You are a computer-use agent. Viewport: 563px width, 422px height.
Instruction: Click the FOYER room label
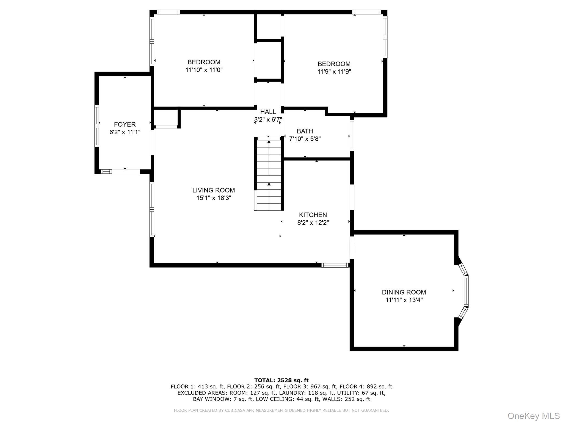click(125, 124)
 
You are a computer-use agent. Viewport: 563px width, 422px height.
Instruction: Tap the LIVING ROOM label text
click(213, 190)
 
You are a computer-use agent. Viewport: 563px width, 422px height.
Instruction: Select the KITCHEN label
click(313, 215)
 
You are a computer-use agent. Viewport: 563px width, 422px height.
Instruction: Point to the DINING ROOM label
click(404, 292)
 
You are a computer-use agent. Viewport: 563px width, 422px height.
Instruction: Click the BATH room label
click(305, 131)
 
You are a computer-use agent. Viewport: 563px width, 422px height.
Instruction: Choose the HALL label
click(268, 112)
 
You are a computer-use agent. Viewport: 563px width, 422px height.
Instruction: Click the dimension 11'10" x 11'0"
click(204, 70)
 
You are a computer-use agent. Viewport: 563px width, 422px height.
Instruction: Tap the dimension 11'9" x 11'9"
click(334, 72)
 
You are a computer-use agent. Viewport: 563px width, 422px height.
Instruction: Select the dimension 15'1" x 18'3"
click(214, 198)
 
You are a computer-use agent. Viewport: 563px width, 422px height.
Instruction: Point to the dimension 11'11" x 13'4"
click(404, 300)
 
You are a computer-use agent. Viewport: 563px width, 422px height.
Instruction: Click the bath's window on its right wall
click(352, 136)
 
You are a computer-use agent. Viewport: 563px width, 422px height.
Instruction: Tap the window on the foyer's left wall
click(96, 126)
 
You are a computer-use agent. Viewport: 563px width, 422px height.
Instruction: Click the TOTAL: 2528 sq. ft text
click(281, 380)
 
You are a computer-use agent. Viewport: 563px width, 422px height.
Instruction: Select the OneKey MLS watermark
click(533, 416)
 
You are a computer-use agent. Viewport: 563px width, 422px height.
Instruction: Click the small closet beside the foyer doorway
click(166, 118)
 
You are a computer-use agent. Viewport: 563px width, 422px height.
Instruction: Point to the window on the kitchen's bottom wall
click(335, 265)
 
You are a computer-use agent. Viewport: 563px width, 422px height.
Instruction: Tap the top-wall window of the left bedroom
click(168, 12)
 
